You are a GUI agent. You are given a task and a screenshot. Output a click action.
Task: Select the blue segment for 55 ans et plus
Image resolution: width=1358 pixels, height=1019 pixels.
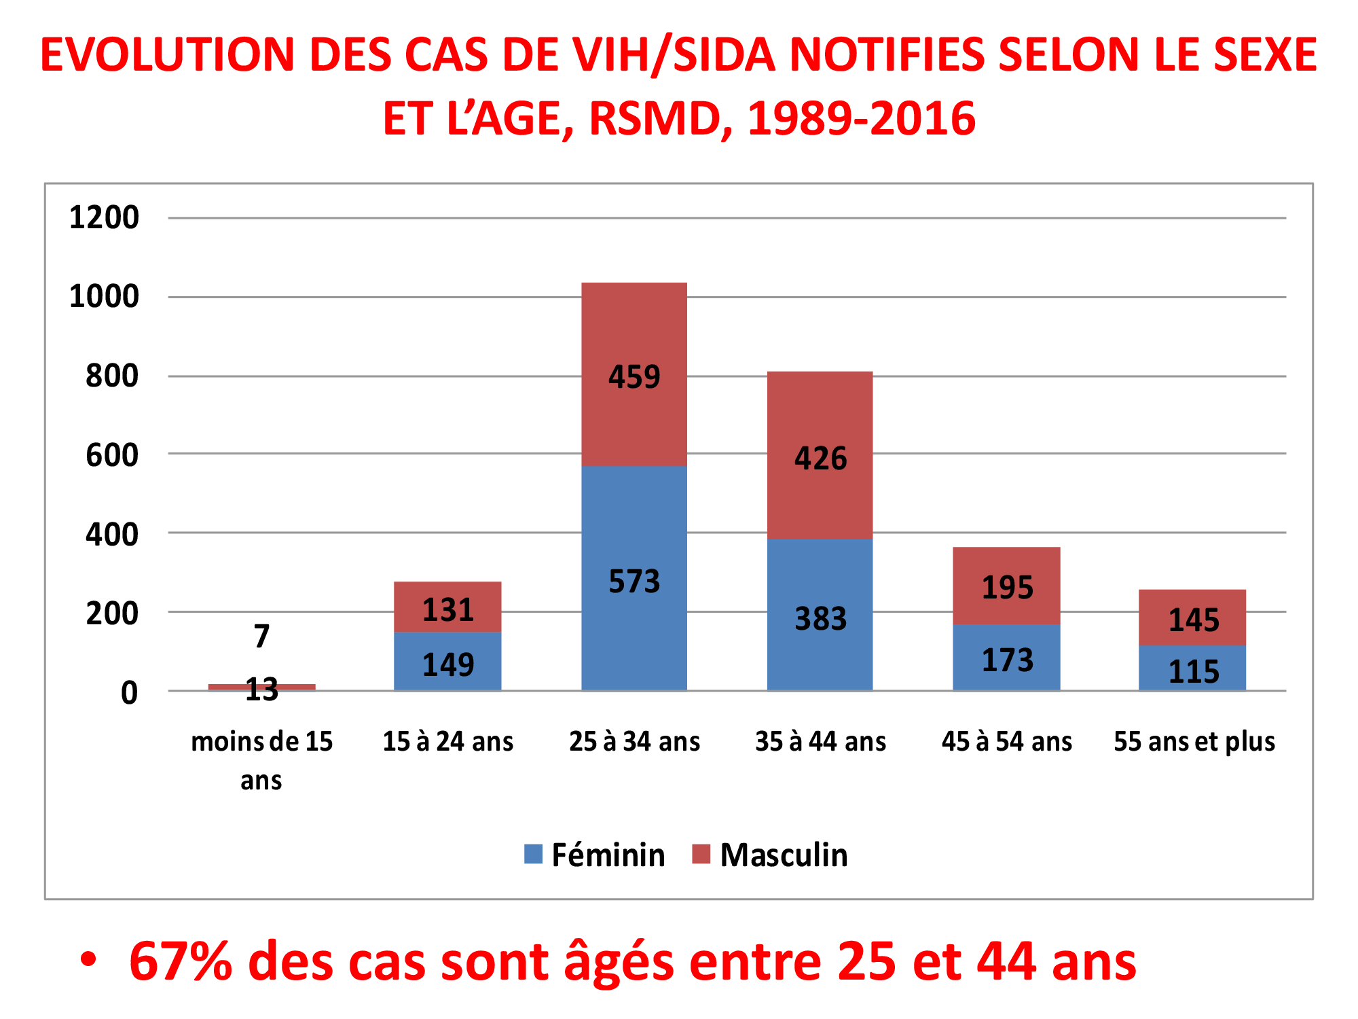click(x=1192, y=668)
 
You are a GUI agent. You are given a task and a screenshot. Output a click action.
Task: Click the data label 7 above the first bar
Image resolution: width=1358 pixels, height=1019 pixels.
click(x=261, y=637)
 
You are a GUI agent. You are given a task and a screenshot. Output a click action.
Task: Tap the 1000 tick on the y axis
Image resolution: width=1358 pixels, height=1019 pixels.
click(x=104, y=297)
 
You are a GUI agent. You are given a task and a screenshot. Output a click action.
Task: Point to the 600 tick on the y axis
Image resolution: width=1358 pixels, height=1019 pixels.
click(x=112, y=455)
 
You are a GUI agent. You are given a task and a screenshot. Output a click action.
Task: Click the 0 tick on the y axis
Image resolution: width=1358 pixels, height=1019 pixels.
click(x=129, y=693)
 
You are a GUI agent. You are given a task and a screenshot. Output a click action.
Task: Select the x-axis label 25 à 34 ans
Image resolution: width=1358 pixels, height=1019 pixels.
click(x=634, y=741)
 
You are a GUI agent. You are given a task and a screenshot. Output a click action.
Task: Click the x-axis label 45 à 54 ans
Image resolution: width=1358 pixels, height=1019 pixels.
click(x=1006, y=741)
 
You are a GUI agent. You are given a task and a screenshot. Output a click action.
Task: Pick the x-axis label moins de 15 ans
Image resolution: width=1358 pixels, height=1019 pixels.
click(x=261, y=760)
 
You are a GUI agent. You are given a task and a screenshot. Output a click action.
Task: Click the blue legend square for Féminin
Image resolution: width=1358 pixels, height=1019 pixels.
click(x=534, y=854)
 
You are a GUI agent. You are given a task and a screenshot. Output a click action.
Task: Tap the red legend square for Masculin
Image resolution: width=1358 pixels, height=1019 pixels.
click(x=701, y=854)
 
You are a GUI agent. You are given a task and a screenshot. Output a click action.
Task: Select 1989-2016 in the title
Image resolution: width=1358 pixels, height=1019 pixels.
click(x=861, y=118)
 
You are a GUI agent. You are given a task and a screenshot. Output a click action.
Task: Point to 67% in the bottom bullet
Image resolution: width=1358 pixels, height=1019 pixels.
click(x=181, y=961)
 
